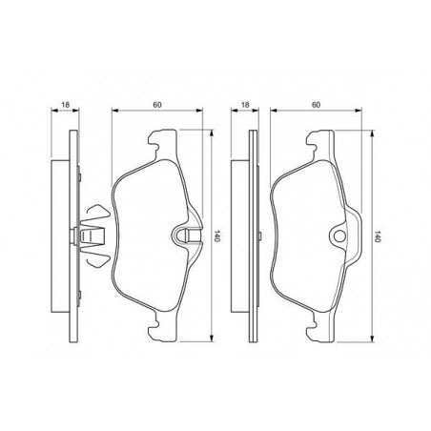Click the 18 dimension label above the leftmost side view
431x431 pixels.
(66, 105)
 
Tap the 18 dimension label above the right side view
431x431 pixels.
(245, 105)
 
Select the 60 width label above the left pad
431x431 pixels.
(157, 105)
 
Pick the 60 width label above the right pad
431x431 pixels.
(316, 105)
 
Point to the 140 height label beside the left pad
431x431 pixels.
(217, 236)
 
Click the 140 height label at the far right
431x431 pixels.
(378, 236)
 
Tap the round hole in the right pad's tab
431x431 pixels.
(339, 236)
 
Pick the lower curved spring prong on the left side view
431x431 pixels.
(98, 260)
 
